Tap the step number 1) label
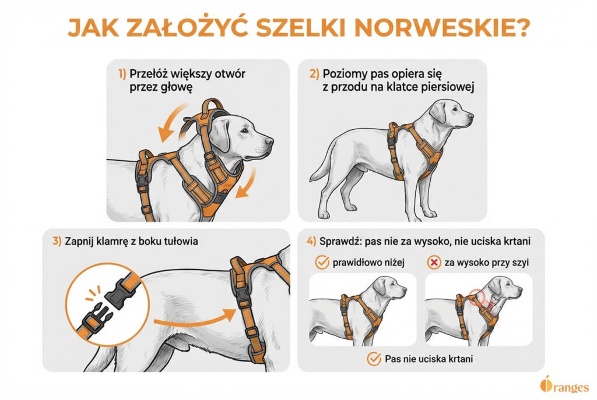(122, 74)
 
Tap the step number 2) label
(314, 74)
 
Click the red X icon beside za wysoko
(434, 263)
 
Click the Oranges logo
(564, 386)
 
